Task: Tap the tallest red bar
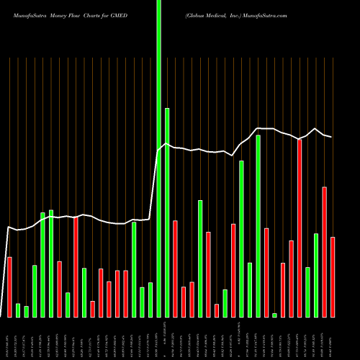300,228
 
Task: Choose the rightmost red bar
333,276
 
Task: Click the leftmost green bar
18,310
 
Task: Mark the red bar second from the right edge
325,251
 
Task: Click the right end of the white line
331,137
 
